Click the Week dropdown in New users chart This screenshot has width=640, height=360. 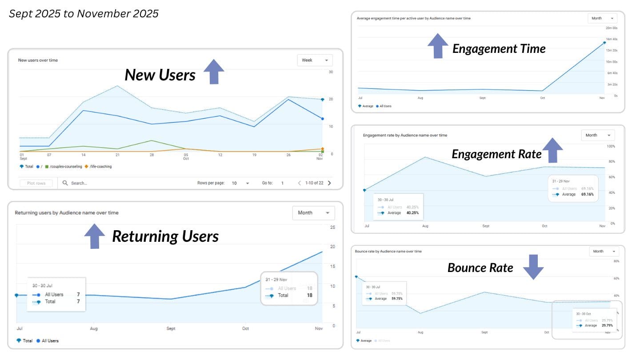pos(314,60)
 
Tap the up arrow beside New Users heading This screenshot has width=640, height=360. pos(214,72)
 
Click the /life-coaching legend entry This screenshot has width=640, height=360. pos(100,167)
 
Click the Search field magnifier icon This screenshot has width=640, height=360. pos(65,183)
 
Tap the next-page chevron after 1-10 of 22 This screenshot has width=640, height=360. pos(329,183)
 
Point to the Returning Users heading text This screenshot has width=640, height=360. pos(165,236)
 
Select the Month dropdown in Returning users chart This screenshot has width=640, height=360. pos(313,213)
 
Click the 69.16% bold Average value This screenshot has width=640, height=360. pos(587,194)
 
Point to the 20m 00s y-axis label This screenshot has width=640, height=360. pos(612,28)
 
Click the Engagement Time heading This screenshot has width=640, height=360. pos(499,49)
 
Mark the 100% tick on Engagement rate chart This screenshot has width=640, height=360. pos(611,146)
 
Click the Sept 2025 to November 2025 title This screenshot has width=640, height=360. pos(84,14)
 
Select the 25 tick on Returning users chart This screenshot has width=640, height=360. pos(332,228)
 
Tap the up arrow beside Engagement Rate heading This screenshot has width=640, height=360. pos(552,150)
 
